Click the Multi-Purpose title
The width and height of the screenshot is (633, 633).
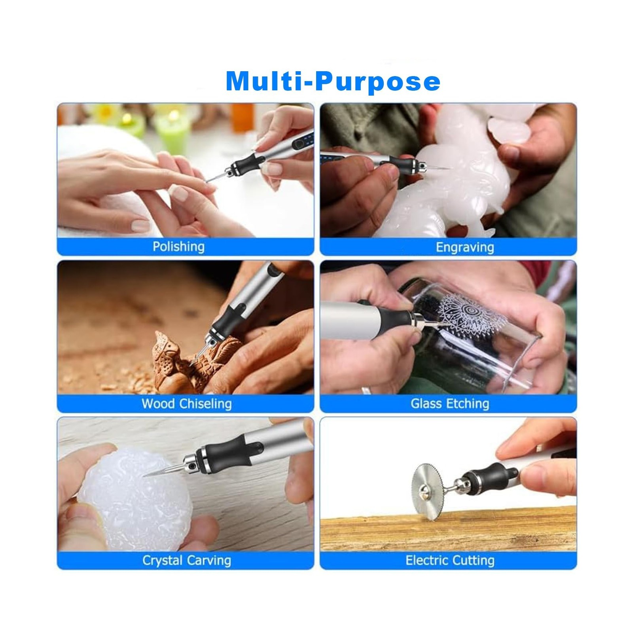[333, 81]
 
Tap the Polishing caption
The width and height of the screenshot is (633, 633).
[179, 246]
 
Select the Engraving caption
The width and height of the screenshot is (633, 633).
[465, 247]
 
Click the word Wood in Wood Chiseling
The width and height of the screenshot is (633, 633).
[159, 404]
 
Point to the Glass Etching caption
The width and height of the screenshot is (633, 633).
[450, 404]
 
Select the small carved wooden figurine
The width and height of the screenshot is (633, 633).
[174, 360]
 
